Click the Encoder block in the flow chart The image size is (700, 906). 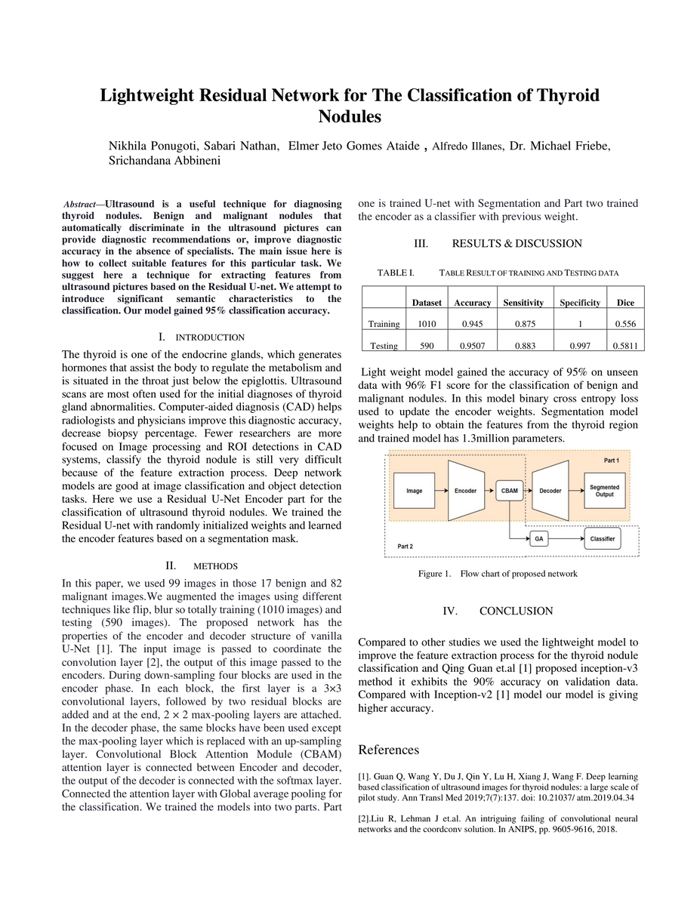click(x=465, y=491)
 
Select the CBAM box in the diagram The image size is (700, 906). click(x=510, y=491)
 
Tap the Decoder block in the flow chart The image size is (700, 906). click(x=550, y=491)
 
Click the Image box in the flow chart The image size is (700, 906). click(x=415, y=491)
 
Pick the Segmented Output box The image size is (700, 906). click(x=604, y=491)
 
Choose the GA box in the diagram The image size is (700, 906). click(x=538, y=538)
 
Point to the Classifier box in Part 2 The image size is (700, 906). click(x=602, y=538)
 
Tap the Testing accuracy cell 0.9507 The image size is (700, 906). click(x=472, y=346)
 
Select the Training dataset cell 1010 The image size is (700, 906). click(x=427, y=324)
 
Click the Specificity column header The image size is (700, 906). click(x=580, y=303)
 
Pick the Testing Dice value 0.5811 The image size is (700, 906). click(x=625, y=346)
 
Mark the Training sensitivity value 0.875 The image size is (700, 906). click(x=523, y=324)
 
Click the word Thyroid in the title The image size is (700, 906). click(x=554, y=96)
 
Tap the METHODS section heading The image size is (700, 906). click(x=215, y=566)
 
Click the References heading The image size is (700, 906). click(x=388, y=750)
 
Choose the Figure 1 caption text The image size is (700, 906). click(x=498, y=574)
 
